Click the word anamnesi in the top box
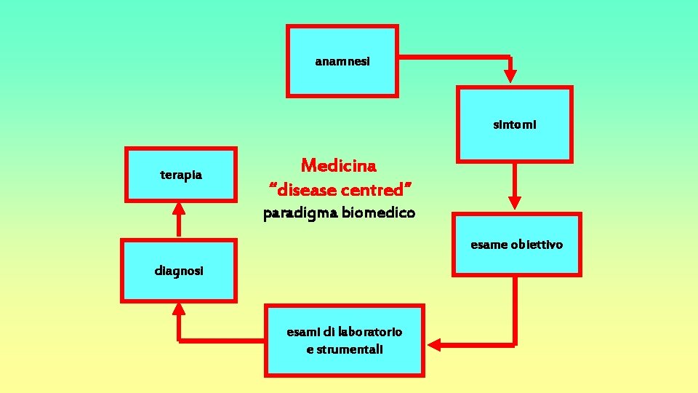tap(342, 62)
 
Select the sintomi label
tap(515, 125)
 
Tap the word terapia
tap(181, 175)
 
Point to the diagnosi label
tap(179, 271)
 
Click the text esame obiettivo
tap(516, 245)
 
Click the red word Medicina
tap(339, 166)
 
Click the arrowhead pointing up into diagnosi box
tap(179, 309)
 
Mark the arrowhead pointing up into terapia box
tap(179, 208)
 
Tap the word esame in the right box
tap(489, 245)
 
